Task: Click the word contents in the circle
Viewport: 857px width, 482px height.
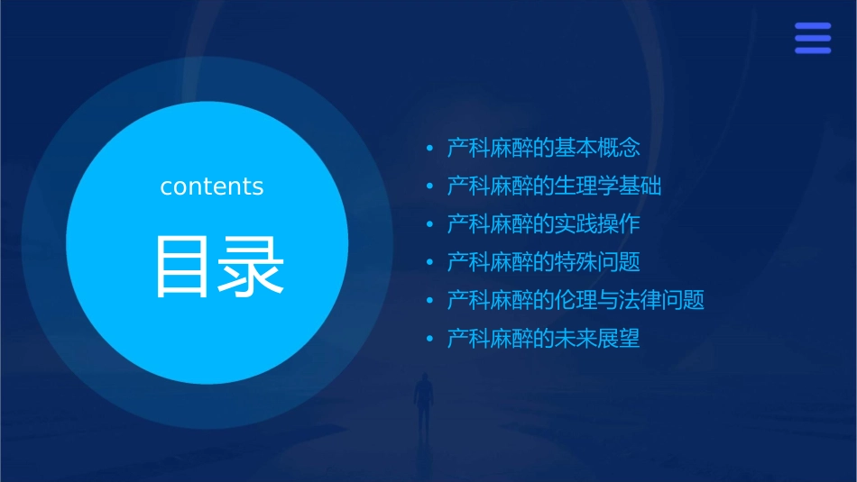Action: click(x=212, y=186)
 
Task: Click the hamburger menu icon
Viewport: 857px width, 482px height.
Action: click(x=813, y=39)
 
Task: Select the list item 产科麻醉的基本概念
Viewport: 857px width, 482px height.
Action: click(x=544, y=148)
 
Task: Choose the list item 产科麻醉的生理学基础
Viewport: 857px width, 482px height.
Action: click(x=555, y=186)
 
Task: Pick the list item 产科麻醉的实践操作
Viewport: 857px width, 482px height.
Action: click(x=544, y=224)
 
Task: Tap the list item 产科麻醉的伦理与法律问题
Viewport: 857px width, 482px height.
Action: click(x=576, y=301)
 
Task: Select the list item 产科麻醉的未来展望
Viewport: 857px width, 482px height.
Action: click(x=544, y=340)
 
